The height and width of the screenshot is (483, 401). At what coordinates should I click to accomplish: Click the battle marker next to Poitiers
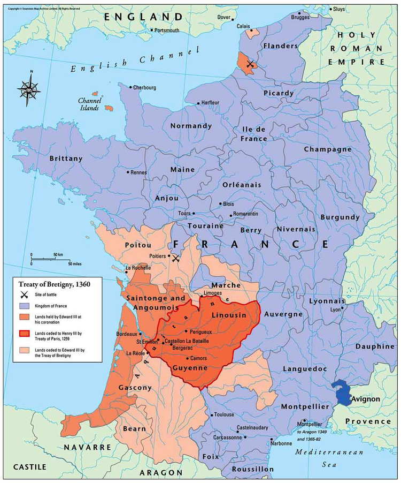175,258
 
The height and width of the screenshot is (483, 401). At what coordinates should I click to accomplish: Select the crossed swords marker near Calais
249,64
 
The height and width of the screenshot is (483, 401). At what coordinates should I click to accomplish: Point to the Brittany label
66,159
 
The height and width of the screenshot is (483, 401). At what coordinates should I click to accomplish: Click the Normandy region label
191,126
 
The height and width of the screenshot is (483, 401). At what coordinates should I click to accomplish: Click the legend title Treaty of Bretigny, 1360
51,284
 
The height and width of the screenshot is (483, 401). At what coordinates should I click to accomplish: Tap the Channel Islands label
89,104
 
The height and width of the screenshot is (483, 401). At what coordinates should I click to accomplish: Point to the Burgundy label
340,217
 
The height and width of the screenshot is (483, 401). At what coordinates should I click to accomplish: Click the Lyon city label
335,310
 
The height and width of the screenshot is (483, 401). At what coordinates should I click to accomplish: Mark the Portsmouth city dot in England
151,31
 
